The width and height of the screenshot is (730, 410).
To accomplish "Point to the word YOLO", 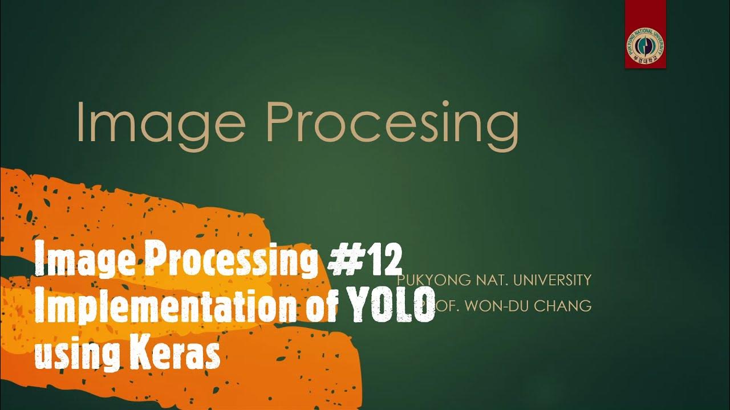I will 391,307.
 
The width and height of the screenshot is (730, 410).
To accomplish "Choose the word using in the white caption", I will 74,354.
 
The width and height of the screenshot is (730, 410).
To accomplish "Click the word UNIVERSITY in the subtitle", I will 553,280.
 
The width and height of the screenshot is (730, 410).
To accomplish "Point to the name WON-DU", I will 497,306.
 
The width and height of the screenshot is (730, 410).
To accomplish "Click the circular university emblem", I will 645,46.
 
